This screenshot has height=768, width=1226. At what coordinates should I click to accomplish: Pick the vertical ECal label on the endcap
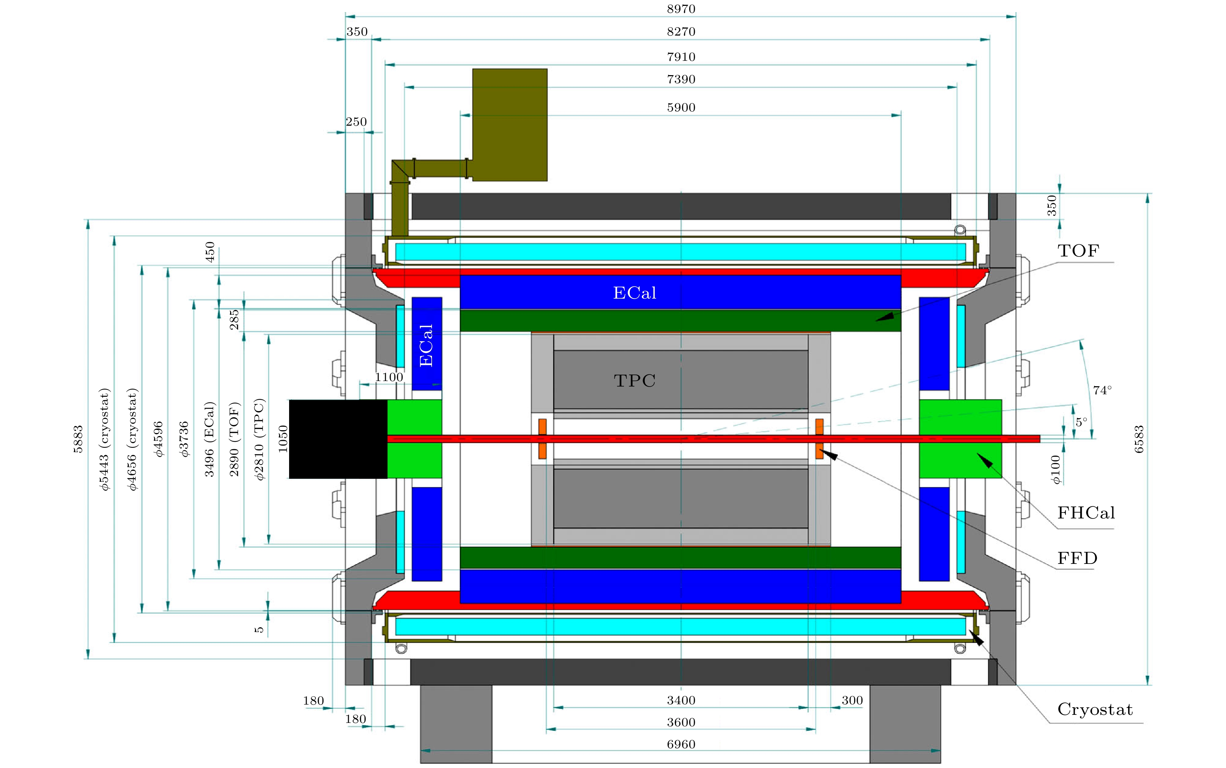click(426, 346)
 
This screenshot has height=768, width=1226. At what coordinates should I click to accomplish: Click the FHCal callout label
click(1086, 513)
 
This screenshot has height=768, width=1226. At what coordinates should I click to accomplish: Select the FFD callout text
click(1077, 558)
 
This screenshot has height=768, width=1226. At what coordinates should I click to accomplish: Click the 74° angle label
click(1102, 390)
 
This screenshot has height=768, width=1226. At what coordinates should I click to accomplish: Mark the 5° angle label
click(1081, 422)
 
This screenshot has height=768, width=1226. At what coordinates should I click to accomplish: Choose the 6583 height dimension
click(1139, 439)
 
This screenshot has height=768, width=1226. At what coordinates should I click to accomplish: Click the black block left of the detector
click(338, 439)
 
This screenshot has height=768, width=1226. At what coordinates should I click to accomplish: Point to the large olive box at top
click(510, 125)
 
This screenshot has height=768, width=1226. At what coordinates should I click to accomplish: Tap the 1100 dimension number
click(389, 377)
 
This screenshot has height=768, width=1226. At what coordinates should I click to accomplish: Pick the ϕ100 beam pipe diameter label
click(1056, 469)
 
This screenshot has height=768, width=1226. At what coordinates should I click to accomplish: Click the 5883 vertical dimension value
click(78, 439)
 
